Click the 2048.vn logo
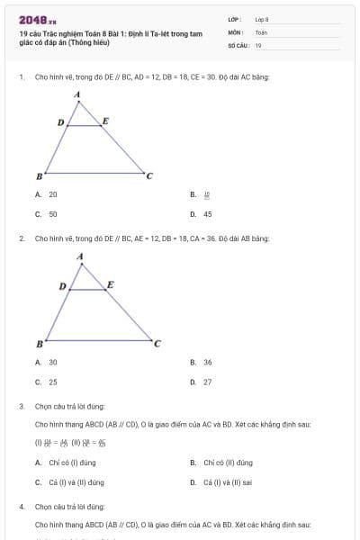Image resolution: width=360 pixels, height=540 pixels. pyautogui.click(x=37, y=19)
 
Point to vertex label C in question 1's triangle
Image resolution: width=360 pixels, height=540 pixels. pyautogui.click(x=149, y=175)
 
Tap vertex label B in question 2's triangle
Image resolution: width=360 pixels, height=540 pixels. pyautogui.click(x=39, y=344)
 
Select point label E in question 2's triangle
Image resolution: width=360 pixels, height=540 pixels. pyautogui.click(x=110, y=284)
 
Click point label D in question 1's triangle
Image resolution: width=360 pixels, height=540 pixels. pyautogui.click(x=60, y=121)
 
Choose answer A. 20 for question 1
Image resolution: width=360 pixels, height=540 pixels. pyautogui.click(x=47, y=194)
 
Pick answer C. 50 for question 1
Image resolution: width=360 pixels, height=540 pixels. pyautogui.click(x=47, y=214)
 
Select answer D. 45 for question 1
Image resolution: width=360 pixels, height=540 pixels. pyautogui.click(x=202, y=214)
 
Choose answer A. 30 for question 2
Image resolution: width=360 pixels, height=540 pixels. pyautogui.click(x=47, y=362)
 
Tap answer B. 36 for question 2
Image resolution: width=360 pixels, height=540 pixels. pyautogui.click(x=202, y=362)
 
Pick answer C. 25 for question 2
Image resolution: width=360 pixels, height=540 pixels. pyautogui.click(x=47, y=382)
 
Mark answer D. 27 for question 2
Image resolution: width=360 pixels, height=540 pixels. pyautogui.click(x=202, y=382)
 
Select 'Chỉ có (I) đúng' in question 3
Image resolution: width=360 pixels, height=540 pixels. pyautogui.click(x=66, y=463)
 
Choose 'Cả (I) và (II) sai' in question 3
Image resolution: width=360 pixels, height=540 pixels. pyautogui.click(x=221, y=482)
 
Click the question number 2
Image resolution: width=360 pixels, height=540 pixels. pyautogui.click(x=21, y=238)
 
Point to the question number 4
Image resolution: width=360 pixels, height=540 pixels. pyautogui.click(x=21, y=507)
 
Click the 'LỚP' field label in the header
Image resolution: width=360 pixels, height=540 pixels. pyautogui.click(x=234, y=18)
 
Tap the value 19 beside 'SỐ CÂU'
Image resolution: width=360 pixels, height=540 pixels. pyautogui.click(x=258, y=44)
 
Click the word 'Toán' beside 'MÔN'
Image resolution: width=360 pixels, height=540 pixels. pyautogui.click(x=261, y=31)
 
